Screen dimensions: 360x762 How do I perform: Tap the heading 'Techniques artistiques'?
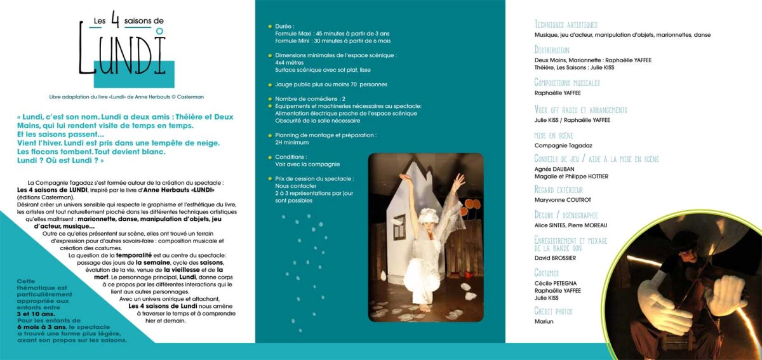[x=566, y=25]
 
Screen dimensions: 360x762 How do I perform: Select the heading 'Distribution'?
[x=552, y=50]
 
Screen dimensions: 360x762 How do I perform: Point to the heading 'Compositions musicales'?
[x=567, y=83]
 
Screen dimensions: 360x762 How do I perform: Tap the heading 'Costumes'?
[x=547, y=273]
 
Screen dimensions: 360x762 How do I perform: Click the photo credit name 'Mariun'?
[x=544, y=321]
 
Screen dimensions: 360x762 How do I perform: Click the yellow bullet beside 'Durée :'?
[x=270, y=27]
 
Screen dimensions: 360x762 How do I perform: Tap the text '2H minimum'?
[x=292, y=142]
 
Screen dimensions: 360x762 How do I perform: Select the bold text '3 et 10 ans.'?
[x=36, y=314]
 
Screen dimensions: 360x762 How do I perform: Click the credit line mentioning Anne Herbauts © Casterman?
[x=126, y=97]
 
